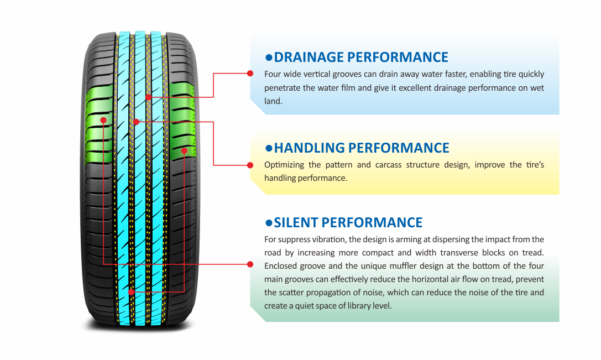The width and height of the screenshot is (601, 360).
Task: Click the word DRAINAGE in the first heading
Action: tap(309, 57)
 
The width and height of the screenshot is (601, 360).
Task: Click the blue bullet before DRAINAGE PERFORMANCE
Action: tap(269, 57)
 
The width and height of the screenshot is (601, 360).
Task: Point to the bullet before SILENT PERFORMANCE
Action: tap(269, 223)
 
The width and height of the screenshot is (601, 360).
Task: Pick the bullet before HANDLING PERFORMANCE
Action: tap(269, 148)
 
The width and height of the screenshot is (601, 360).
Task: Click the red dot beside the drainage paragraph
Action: tap(250, 73)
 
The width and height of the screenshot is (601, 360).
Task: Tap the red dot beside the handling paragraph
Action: tap(250, 165)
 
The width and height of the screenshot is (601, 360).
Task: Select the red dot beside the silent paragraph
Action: tap(250, 264)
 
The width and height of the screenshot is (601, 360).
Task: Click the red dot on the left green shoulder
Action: tap(103, 119)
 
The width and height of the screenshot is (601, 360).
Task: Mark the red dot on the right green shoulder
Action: tap(185, 150)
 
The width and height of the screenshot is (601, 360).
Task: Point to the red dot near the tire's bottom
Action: tap(131, 291)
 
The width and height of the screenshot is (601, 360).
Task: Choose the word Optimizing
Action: tap(284, 165)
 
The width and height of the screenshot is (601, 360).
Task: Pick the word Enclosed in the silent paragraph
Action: tap(281, 265)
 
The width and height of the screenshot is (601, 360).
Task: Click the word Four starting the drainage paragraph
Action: tap(273, 74)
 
